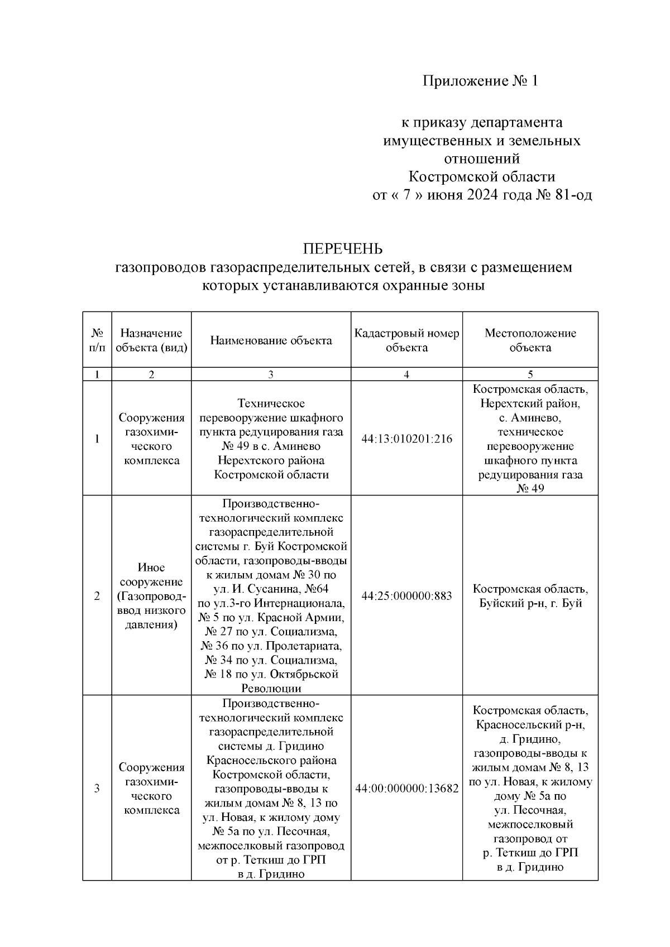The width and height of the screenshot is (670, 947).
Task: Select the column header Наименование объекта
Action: click(271, 340)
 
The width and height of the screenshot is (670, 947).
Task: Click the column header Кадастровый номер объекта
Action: click(406, 340)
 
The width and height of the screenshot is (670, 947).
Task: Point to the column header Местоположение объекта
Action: click(530, 340)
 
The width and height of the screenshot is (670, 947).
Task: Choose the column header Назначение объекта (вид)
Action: click(151, 340)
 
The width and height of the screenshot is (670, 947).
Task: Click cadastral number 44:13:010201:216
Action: click(406, 439)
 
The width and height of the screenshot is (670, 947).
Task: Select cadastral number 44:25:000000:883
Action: click(406, 596)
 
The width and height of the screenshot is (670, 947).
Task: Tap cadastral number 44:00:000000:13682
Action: click(406, 789)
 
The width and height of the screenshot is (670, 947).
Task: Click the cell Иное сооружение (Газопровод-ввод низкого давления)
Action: click(151, 596)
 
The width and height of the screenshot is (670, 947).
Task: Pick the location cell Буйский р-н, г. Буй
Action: click(530, 603)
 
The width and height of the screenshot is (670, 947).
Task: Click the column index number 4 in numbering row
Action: click(406, 374)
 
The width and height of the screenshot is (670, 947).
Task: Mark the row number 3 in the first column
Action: click(97, 789)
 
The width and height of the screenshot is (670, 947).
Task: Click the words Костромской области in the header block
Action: click(482, 177)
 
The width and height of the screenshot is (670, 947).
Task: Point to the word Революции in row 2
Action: click(271, 688)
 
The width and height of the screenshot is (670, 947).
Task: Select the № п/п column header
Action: click(97, 340)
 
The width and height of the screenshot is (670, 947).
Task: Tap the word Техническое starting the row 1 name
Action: click(271, 403)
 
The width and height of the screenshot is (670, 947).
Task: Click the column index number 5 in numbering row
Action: click(530, 374)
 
